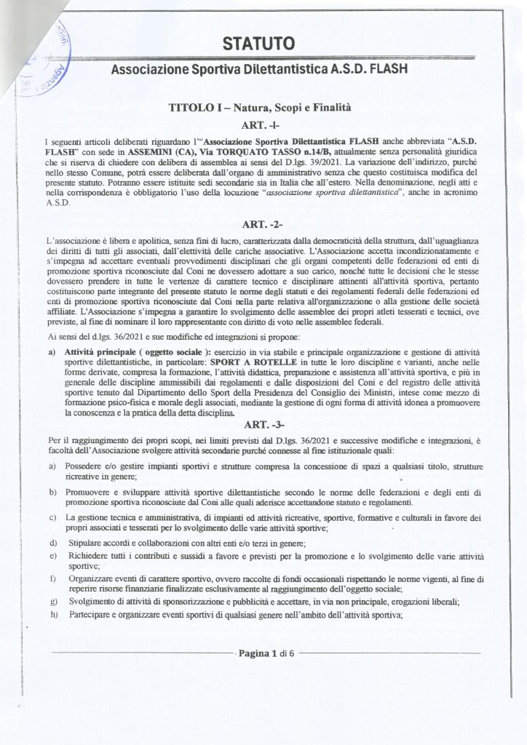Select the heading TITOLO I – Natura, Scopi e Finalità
(259, 108)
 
